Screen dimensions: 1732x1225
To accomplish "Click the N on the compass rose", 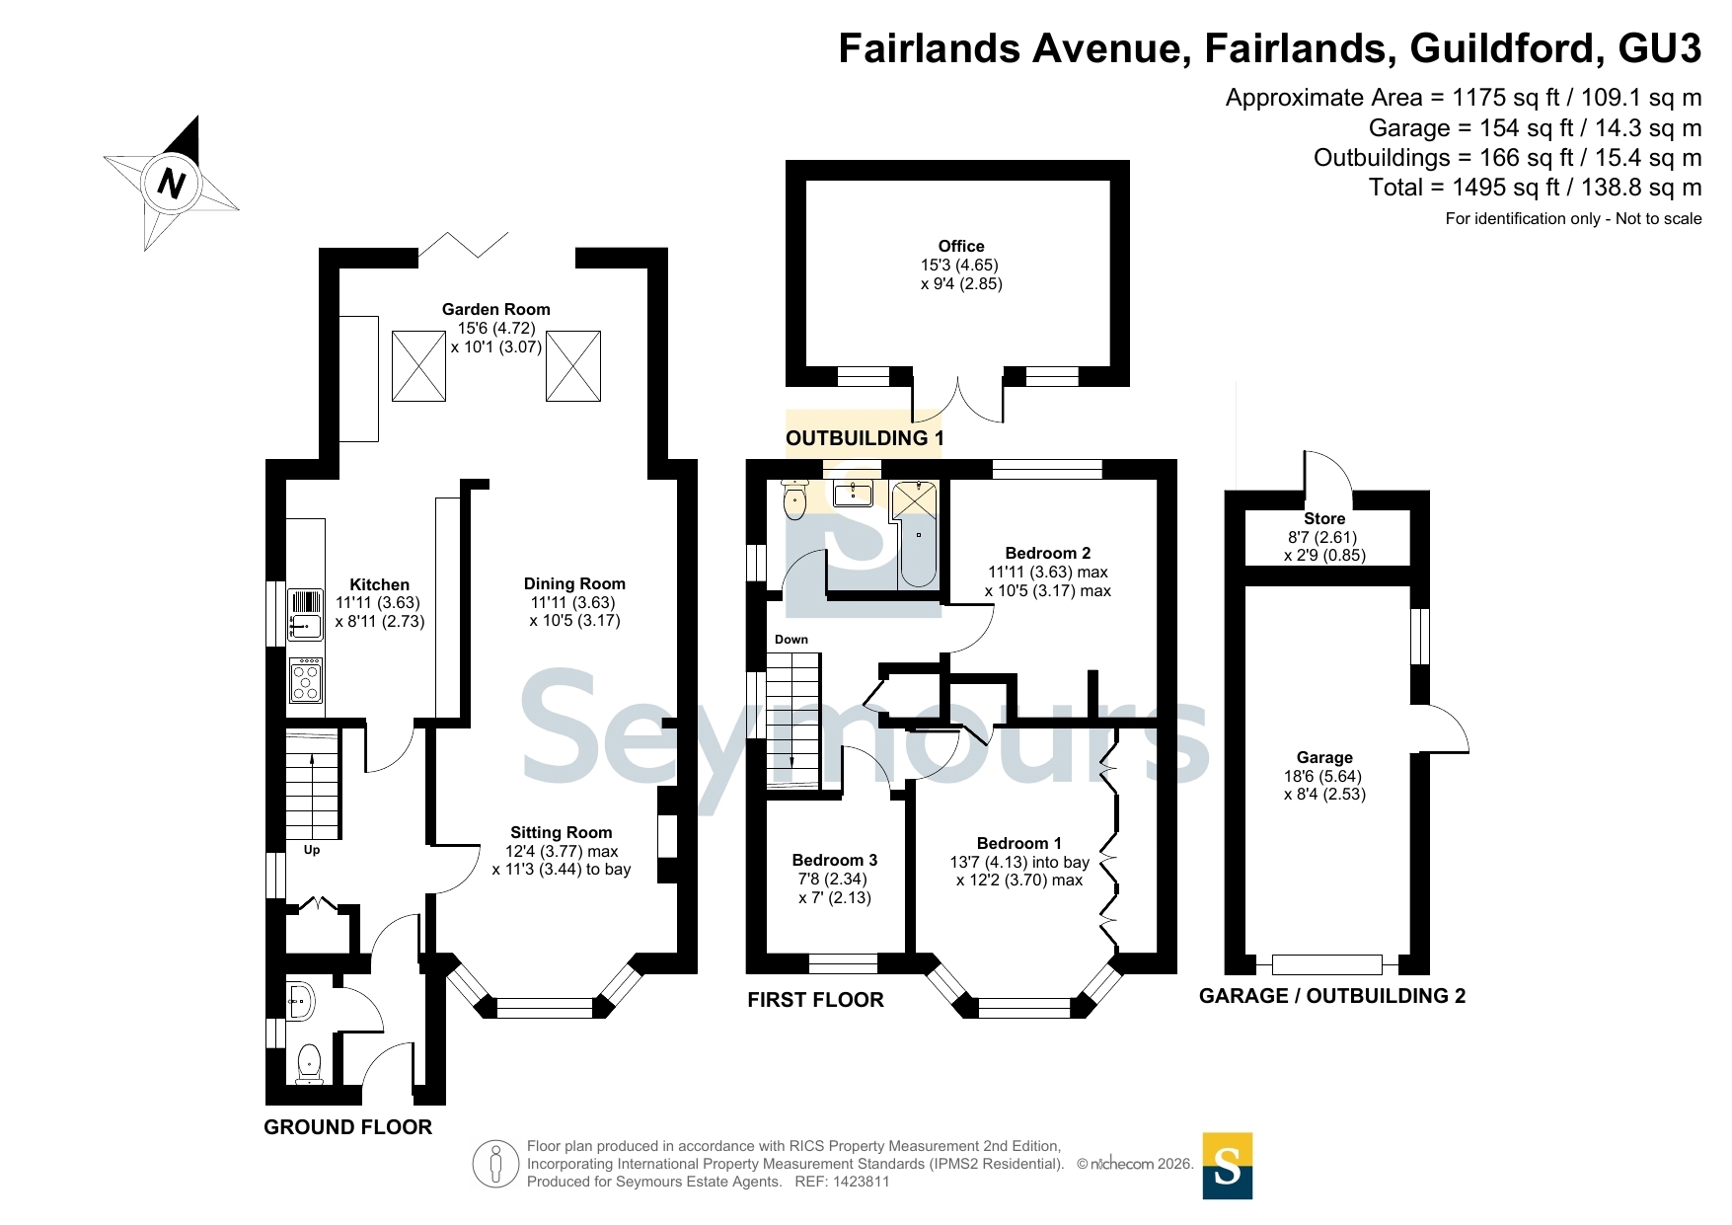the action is point(172,184).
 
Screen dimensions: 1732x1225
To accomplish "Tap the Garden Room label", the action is point(495,309).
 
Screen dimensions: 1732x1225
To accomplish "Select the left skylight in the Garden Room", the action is point(418,366).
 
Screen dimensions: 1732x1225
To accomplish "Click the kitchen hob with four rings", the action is point(306,680).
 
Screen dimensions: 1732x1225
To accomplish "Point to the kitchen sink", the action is point(306,614).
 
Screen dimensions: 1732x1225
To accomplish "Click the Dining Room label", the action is point(574,583).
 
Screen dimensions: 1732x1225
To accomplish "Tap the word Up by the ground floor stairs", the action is point(312,850).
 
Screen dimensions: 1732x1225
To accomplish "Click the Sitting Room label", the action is point(561,832).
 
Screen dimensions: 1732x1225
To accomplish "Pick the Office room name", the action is point(961,246).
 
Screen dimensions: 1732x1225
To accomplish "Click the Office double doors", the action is point(958,401).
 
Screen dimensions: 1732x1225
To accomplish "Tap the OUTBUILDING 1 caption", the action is point(865,438).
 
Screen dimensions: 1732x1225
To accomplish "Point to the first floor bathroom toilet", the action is point(794,498).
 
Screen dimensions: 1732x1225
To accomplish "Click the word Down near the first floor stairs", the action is point(791,640).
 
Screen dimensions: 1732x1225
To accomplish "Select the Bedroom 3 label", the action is point(834,860).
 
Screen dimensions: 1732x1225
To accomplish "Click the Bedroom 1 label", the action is point(1019,843).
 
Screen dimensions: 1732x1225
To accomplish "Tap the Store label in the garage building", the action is point(1324,518).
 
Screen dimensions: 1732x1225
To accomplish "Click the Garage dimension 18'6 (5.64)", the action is point(1324,776).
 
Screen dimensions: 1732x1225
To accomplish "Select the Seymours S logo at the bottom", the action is point(1228,1166).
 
